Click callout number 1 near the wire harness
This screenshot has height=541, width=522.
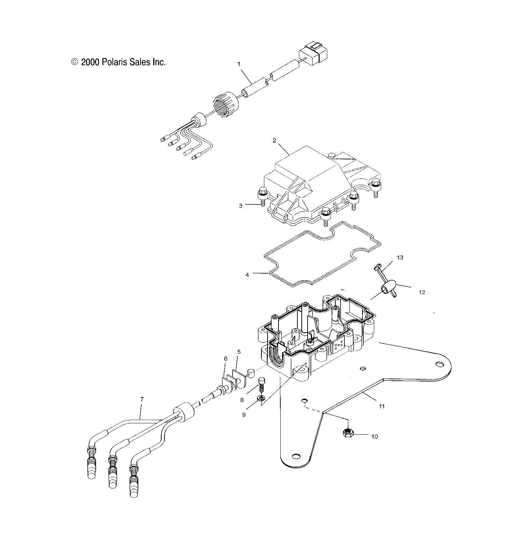[x=239, y=64]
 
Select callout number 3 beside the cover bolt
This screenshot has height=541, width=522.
[x=241, y=205]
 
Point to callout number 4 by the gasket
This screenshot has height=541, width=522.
[x=247, y=275]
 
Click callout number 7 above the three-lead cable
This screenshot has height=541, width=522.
[x=142, y=399]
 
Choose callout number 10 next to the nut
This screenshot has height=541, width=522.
[x=375, y=436]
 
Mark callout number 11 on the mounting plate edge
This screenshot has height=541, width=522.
[x=382, y=406]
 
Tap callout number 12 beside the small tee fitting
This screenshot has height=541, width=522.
[x=422, y=292]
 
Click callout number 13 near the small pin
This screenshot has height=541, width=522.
[x=400, y=258]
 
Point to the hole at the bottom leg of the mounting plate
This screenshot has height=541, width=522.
[x=296, y=456]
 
